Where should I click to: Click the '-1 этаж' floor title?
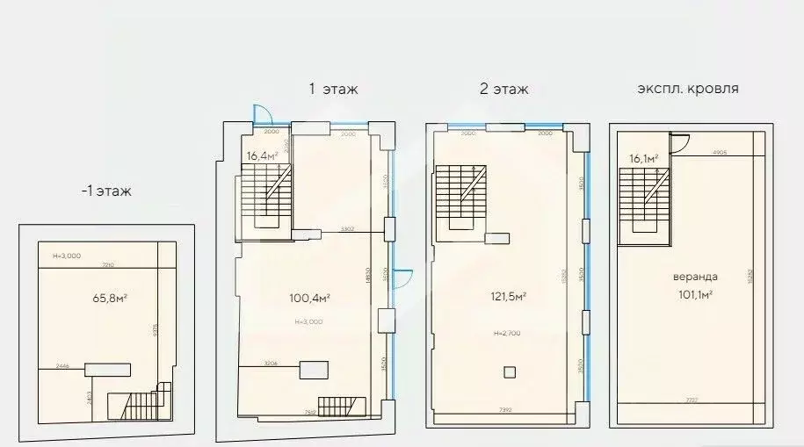[105, 191]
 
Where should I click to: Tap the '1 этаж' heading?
[333, 89]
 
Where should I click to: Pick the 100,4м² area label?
[310, 299]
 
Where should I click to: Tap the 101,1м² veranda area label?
[693, 294]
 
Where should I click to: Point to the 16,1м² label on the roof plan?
[644, 159]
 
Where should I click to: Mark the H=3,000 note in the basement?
[68, 256]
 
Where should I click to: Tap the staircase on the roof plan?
[644, 198]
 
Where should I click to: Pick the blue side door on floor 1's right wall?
[398, 280]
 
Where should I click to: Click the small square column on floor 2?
[509, 371]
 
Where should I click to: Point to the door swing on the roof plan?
[677, 144]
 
